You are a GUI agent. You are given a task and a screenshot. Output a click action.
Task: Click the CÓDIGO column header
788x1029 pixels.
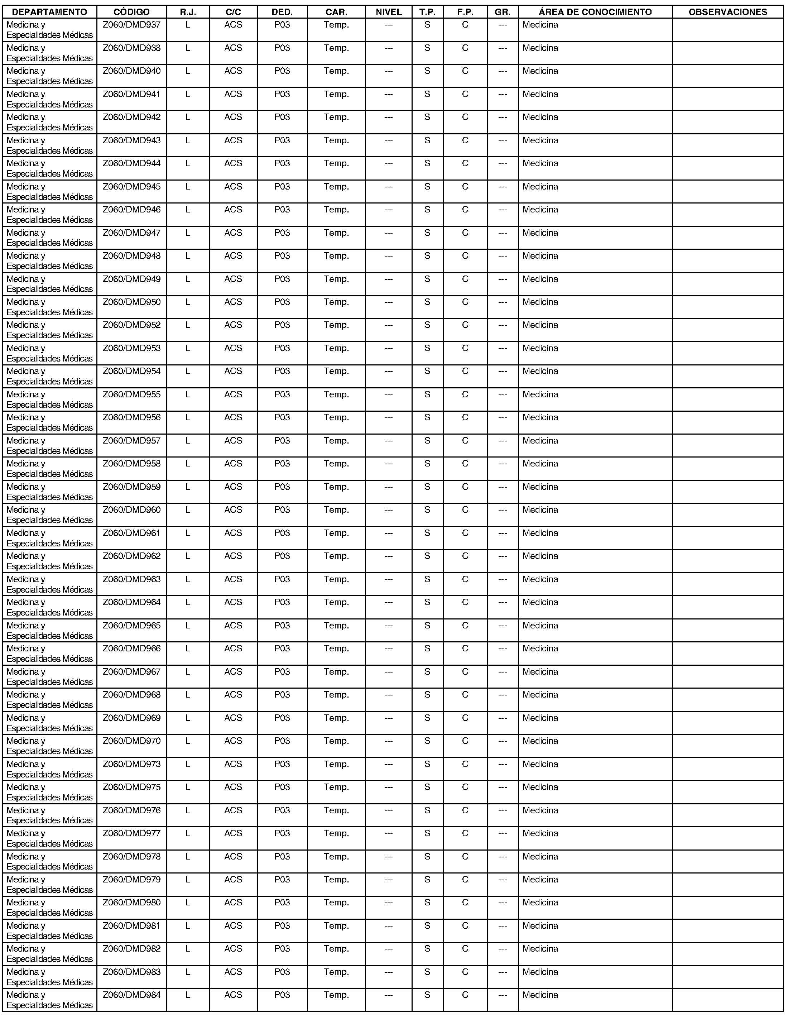click(x=132, y=12)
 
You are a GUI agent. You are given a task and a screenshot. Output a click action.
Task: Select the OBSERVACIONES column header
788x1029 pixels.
click(x=727, y=12)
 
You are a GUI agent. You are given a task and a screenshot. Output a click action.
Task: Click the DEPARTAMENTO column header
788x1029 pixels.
click(x=50, y=12)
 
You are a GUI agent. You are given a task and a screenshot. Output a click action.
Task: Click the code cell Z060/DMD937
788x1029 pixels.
click(x=132, y=25)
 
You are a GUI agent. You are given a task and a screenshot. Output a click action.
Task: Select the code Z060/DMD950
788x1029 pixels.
click(x=132, y=302)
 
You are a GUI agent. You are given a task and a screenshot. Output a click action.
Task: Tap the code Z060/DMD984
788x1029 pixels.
click(x=132, y=995)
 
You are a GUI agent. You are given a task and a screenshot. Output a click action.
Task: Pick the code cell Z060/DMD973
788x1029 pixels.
click(x=132, y=764)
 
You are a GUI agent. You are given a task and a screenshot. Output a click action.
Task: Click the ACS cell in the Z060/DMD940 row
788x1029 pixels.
click(x=233, y=71)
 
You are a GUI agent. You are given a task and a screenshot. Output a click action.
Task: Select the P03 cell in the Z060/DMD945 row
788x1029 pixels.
click(x=282, y=187)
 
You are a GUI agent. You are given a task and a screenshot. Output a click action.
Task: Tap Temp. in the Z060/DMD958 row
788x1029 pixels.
click(x=336, y=464)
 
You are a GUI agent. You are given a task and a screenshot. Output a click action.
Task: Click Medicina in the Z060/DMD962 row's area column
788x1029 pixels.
click(x=540, y=556)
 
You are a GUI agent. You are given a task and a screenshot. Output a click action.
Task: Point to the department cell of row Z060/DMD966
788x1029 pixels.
click(x=50, y=654)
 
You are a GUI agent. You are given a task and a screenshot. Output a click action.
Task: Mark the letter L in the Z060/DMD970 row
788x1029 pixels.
click(x=188, y=741)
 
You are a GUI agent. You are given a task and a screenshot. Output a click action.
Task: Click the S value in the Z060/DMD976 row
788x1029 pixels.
click(x=427, y=810)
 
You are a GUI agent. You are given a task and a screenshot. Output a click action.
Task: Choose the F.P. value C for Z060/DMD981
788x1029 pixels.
click(x=465, y=926)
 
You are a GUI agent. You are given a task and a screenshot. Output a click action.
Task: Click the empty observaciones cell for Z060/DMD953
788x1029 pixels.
click(x=727, y=353)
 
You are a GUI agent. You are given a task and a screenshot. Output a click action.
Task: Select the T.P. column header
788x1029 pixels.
click(x=427, y=12)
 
